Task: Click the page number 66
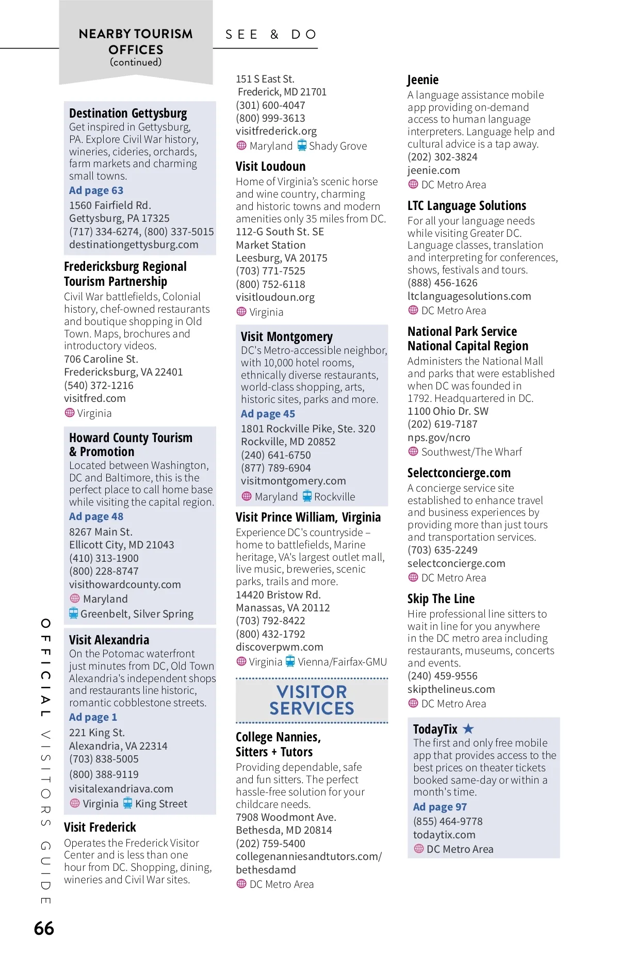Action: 44,928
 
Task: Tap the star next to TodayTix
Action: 468,728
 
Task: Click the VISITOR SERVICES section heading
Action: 312,700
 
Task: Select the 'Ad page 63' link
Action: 96,190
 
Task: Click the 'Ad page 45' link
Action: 268,414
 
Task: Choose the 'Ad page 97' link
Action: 439,807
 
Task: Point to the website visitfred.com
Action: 95,398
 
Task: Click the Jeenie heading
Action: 423,80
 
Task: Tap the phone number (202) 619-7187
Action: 442,424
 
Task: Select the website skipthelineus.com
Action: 451,689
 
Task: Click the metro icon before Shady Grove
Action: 302,145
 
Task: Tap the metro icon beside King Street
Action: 127,803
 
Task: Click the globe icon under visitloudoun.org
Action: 241,312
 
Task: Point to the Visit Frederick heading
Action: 100,828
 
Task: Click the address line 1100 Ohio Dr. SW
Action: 448,411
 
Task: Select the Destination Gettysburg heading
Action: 128,113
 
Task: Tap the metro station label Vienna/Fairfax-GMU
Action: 342,662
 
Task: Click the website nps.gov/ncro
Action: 438,437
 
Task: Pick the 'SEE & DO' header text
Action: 271,35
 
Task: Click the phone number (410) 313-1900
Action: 104,558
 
